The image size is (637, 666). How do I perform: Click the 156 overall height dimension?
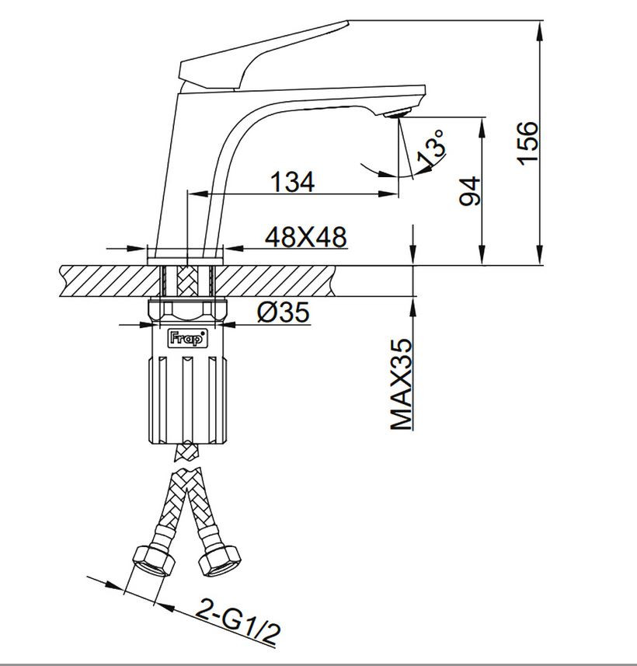tap(527, 143)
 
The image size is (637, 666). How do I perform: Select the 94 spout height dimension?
tap(470, 191)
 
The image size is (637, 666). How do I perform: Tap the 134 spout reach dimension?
tap(293, 182)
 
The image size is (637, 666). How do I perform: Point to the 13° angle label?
tap(432, 148)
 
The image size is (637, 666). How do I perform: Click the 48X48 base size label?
tap(306, 236)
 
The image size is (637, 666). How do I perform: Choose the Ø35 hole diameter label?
tap(284, 312)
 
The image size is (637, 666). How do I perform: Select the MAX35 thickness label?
tap(401, 384)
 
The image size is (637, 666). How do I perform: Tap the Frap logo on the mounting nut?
tap(187, 339)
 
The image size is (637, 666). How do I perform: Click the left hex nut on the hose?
tap(154, 560)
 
